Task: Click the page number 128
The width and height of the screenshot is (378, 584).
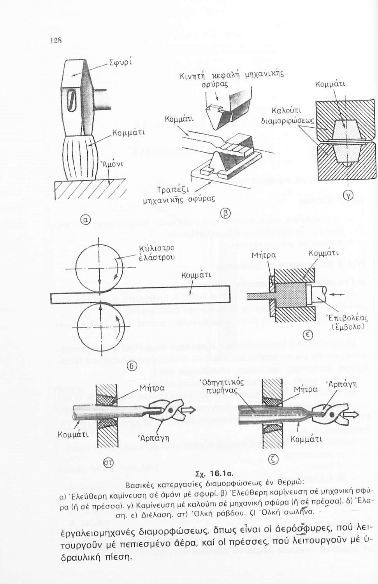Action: pos(56,40)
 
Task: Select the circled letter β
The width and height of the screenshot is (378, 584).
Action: pos(225,213)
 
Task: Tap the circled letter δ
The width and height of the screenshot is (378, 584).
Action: pos(132,366)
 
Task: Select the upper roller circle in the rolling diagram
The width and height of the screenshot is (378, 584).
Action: pos(100,269)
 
